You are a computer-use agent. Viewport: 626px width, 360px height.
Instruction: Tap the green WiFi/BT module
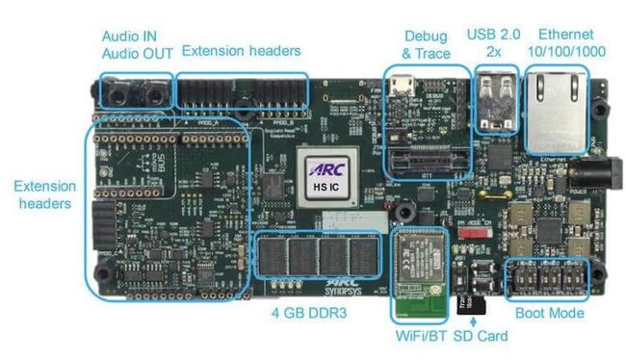(x=421, y=274)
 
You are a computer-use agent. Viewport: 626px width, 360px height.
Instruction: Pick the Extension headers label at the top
(x=241, y=50)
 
